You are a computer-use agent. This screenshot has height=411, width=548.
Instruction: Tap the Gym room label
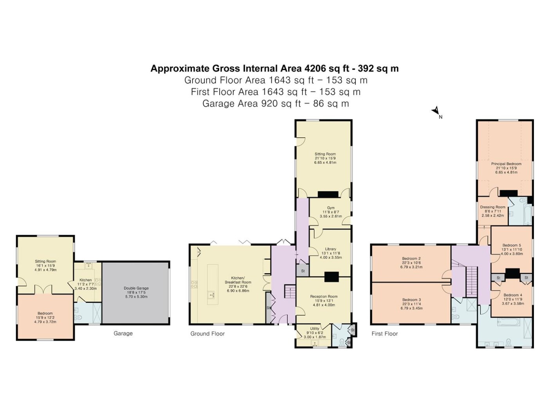[x=330, y=207]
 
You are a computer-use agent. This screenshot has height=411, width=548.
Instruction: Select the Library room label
[x=330, y=249]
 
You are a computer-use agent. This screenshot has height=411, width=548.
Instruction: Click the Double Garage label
[x=136, y=288]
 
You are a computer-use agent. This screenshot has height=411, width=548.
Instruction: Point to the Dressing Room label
[x=492, y=207]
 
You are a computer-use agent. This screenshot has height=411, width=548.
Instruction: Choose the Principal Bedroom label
[x=506, y=164]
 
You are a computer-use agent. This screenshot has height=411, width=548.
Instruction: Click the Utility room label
[x=315, y=328]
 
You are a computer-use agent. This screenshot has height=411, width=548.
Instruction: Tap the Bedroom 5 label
[x=512, y=245]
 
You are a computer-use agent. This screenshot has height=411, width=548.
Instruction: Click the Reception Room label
[x=324, y=296]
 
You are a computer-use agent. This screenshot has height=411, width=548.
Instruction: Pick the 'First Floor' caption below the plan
[x=384, y=333]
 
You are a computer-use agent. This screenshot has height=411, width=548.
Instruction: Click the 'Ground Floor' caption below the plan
[x=207, y=333]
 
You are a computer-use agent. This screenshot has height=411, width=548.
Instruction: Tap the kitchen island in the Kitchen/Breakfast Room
[x=213, y=284]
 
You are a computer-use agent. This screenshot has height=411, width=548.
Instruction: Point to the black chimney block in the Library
[x=331, y=277]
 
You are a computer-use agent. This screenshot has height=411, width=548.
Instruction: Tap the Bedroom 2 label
[x=411, y=258]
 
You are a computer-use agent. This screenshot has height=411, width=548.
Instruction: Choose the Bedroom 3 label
[x=411, y=300]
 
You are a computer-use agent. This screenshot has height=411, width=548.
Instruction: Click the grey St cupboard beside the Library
[x=303, y=270]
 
